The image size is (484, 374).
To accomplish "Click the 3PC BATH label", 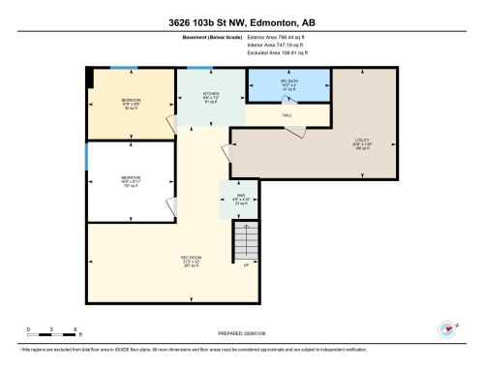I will point(287,81).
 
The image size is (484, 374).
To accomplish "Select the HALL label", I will point(287,114).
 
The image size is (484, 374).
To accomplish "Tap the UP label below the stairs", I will point(246,264).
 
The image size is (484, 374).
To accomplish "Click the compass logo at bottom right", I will point(448,328).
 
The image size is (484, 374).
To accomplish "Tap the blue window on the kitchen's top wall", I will point(199,68).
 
